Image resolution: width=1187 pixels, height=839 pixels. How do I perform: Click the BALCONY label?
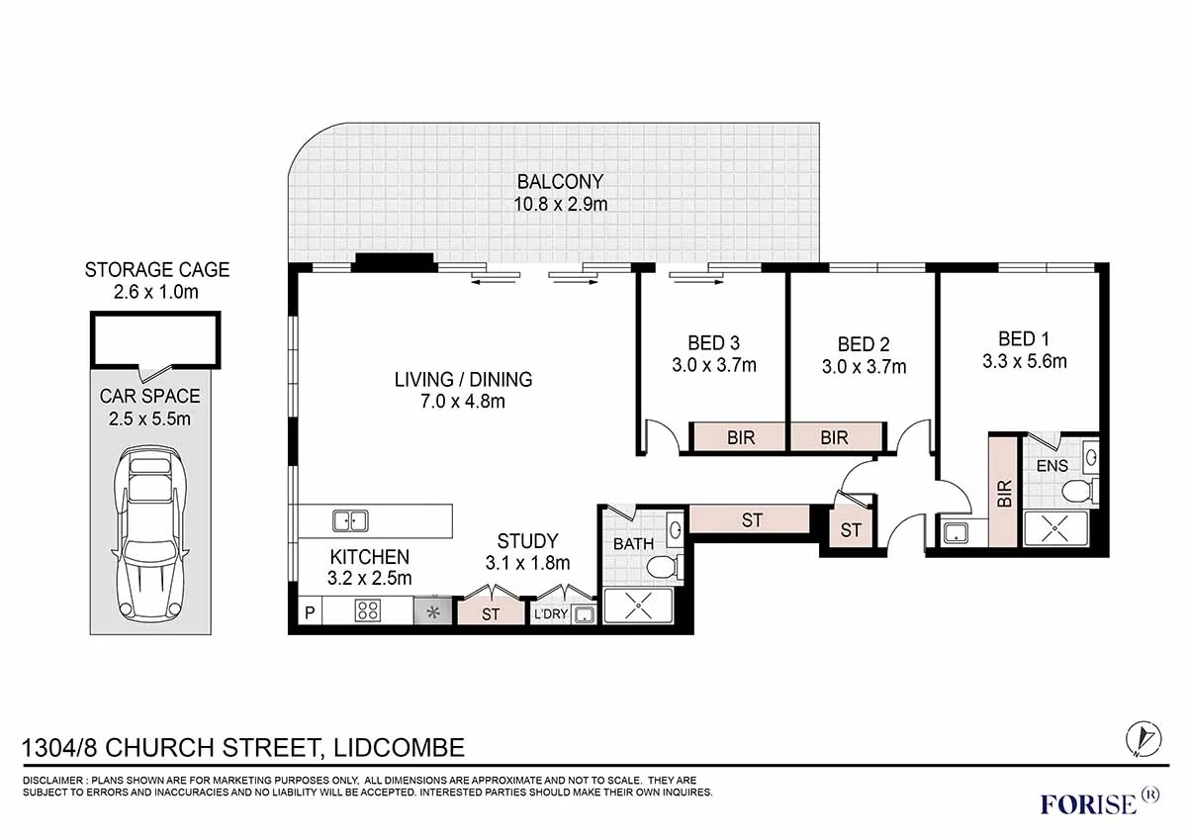tap(559, 182)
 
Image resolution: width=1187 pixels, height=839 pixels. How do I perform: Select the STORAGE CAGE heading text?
tap(156, 269)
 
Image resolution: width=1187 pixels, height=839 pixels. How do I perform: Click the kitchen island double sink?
tap(349, 519)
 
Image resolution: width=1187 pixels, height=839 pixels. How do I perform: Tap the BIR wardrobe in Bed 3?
tap(740, 437)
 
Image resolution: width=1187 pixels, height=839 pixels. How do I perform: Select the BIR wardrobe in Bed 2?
tap(834, 437)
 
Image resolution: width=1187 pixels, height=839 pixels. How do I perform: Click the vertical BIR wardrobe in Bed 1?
tap(1004, 493)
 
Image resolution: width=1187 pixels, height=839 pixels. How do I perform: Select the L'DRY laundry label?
tap(550, 615)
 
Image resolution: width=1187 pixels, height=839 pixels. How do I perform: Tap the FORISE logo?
tap(1088, 802)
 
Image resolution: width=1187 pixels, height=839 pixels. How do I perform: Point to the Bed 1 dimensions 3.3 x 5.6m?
tap(1024, 361)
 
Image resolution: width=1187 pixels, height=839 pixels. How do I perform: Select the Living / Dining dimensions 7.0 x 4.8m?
tap(463, 401)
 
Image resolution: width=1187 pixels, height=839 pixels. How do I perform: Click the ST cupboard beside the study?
tap(491, 613)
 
